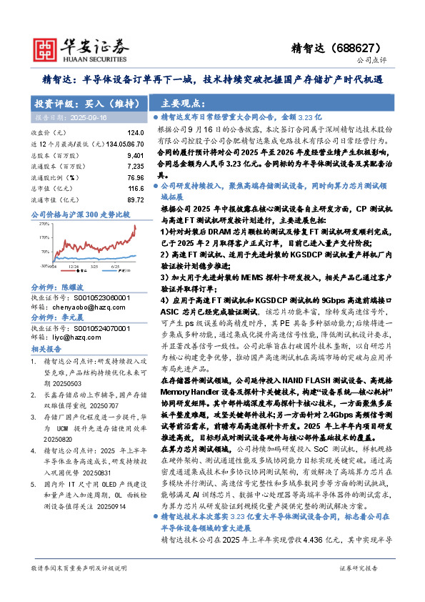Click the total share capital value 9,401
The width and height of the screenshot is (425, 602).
click(x=134, y=154)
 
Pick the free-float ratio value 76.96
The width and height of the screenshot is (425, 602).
click(x=134, y=176)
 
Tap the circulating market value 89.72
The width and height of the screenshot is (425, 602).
click(x=134, y=199)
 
